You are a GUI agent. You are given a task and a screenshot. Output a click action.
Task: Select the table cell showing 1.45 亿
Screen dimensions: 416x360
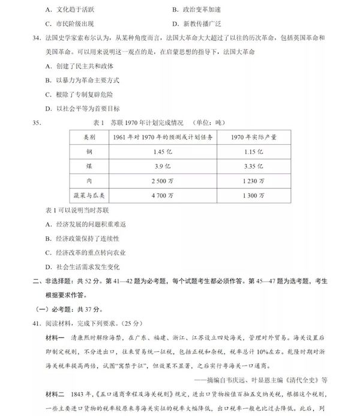[163, 151]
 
